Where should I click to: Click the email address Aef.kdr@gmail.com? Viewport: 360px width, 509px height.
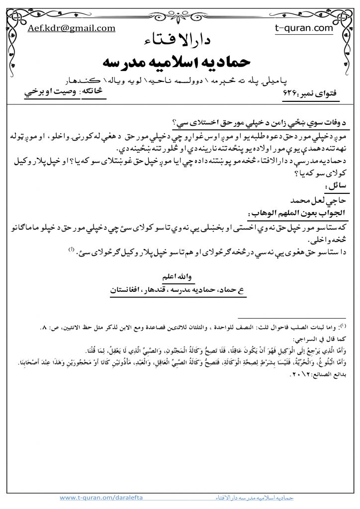point(72,28)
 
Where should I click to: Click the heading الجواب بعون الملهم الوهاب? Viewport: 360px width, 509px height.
point(293,212)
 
